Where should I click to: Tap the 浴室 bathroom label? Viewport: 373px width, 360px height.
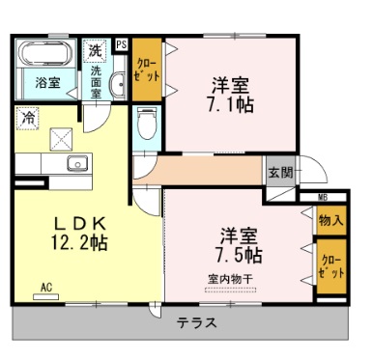tap(48, 82)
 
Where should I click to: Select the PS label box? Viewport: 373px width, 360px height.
tap(120, 43)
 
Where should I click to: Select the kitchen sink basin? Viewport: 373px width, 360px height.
tap(76, 163)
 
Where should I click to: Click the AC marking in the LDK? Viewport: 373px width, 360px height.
tap(47, 286)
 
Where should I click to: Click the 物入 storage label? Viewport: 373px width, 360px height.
tap(330, 220)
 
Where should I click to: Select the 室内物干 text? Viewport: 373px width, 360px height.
tap(230, 279)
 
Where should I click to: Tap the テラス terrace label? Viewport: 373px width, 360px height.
tap(195, 322)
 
